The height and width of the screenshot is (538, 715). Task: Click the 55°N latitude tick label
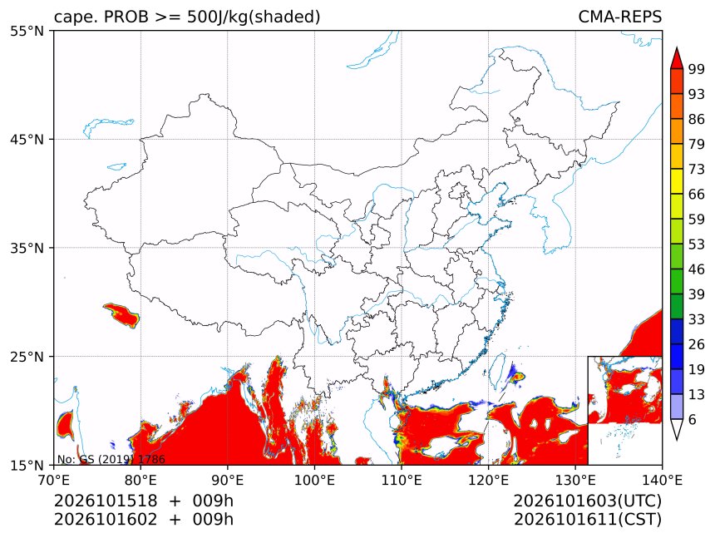pos(27,31)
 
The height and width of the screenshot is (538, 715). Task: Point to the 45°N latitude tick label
pos(27,139)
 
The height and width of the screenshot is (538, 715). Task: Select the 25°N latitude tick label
pos(27,356)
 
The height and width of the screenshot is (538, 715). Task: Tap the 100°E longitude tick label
pos(314,480)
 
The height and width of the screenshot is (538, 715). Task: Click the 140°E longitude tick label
pos(662,480)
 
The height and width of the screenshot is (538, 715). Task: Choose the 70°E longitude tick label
pos(54,480)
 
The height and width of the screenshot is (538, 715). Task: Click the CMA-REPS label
pos(619,17)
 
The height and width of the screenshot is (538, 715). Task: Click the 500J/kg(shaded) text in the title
pos(254,17)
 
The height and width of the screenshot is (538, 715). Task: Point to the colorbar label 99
pos(697,69)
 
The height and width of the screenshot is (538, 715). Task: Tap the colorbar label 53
pos(697,244)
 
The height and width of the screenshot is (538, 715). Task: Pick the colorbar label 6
pos(693,419)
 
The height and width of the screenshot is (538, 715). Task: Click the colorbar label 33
pos(697,319)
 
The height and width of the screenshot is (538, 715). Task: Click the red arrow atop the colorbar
pos(677,58)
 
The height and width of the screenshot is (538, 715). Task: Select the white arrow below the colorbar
pos(677,430)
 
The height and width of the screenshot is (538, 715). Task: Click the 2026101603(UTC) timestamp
pos(587,501)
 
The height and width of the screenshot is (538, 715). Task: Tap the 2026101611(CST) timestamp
pos(587,520)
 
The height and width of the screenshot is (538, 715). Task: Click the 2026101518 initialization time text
pos(106,501)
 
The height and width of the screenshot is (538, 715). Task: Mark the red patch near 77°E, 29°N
pos(121,315)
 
